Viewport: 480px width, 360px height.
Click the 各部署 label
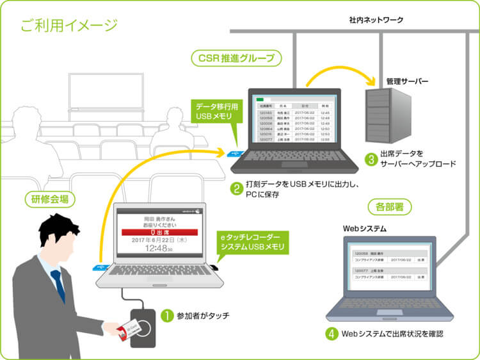(x=390, y=207)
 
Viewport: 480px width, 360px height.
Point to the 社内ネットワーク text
(x=376, y=20)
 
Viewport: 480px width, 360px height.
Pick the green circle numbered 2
(x=236, y=188)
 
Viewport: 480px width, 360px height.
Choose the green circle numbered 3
(x=370, y=158)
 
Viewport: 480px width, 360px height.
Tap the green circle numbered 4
(x=330, y=334)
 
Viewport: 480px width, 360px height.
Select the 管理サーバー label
(x=407, y=81)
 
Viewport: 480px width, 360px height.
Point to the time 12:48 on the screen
(x=155, y=248)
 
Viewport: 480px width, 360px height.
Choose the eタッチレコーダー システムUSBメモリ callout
(x=250, y=242)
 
